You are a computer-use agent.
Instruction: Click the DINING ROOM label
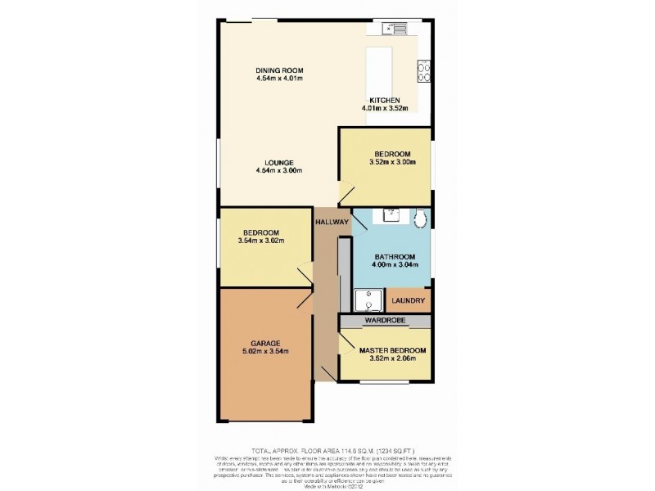[279, 70]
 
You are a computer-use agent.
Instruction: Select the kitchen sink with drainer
[394, 29]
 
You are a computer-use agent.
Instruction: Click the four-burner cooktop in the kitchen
[426, 73]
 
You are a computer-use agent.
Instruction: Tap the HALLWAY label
[332, 222]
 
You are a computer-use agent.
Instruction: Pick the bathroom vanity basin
[391, 215]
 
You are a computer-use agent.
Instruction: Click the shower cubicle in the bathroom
[369, 300]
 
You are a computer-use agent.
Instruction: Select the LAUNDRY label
[408, 301]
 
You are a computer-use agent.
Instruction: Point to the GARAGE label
[267, 342]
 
